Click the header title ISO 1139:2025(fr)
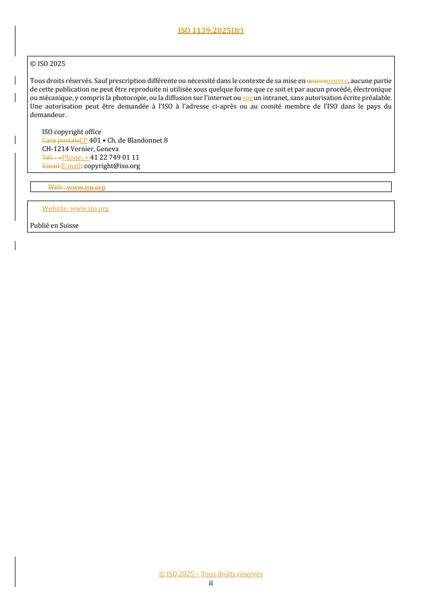(x=211, y=30)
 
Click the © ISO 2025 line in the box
(x=47, y=63)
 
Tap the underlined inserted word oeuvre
(x=336, y=81)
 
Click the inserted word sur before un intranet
(x=247, y=98)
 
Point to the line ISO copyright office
(x=71, y=132)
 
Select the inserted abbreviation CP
(x=83, y=140)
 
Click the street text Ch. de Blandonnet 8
(x=137, y=140)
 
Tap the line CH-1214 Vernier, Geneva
(x=80, y=149)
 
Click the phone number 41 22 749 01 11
(x=114, y=157)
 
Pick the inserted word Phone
(x=73, y=157)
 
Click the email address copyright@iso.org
(x=112, y=166)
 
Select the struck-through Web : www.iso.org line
(x=77, y=187)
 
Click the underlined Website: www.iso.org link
(x=75, y=209)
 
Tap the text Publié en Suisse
(x=54, y=226)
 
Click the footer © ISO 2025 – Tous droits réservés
(x=211, y=574)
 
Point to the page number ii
(x=211, y=583)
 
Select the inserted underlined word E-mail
(x=71, y=166)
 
